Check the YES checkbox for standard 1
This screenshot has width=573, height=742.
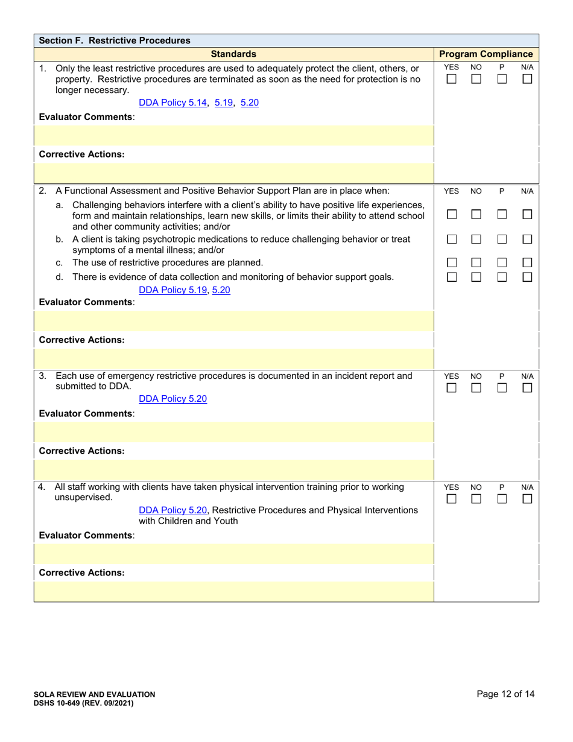point(451,79)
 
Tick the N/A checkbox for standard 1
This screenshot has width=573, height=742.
point(527,79)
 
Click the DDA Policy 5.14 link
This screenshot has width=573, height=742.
point(173,103)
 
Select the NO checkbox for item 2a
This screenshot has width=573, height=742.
point(476,215)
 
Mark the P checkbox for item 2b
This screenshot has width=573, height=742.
point(502,239)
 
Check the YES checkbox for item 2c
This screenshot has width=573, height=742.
point(451,263)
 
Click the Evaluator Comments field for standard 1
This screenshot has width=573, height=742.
point(234,135)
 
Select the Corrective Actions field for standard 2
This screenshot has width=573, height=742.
point(234,358)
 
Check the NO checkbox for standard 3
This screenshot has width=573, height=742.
point(476,388)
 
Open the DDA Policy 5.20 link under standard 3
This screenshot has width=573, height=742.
point(173,399)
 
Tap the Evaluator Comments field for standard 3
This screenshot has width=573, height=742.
point(234,432)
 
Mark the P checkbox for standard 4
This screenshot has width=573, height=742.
point(502,499)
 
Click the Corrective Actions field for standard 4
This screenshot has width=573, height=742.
point(234,591)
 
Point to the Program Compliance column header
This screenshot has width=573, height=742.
point(486,54)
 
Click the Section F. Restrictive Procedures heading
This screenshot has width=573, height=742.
point(115,40)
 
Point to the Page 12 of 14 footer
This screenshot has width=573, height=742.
point(505,694)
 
